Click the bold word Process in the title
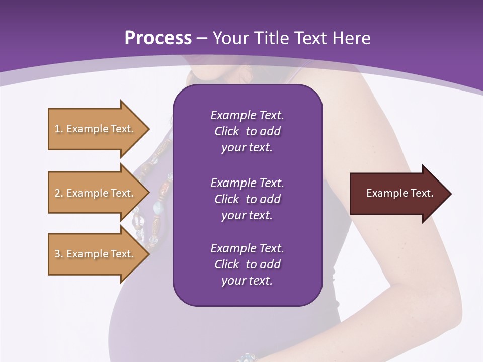tap(158, 38)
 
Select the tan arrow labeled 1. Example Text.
tap(96, 129)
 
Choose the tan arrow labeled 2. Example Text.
tap(96, 193)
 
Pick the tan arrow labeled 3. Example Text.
tap(96, 254)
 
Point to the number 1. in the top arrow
tap(59, 129)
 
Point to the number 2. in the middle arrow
tap(59, 193)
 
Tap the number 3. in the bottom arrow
tap(59, 254)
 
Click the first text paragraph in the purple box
tap(247, 131)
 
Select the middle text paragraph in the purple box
tap(247, 199)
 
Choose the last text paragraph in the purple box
tap(247, 264)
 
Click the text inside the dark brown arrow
tap(399, 193)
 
